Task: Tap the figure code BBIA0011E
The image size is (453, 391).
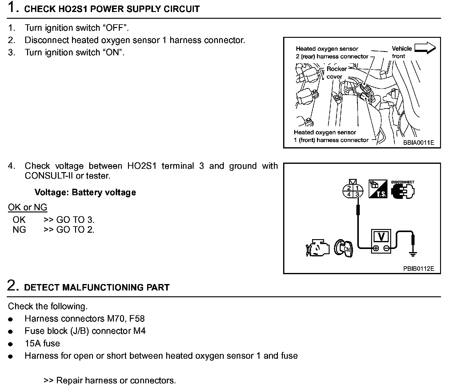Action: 419,143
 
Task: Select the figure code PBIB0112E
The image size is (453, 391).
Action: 419,269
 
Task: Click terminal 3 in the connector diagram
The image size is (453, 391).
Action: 357,194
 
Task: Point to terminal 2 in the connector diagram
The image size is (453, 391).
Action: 349,188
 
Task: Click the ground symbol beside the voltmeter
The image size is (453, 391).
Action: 413,254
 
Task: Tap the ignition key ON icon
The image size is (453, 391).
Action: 344,248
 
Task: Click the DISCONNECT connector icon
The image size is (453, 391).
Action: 403,191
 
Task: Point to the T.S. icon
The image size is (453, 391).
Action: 378,189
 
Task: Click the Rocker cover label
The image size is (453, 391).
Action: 336,73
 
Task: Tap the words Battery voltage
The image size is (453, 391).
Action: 104,192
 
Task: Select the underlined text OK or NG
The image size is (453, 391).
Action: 27,207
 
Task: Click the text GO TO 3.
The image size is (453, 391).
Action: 75,220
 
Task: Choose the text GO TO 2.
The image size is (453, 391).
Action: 75,230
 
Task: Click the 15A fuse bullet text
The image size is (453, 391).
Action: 42,343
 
